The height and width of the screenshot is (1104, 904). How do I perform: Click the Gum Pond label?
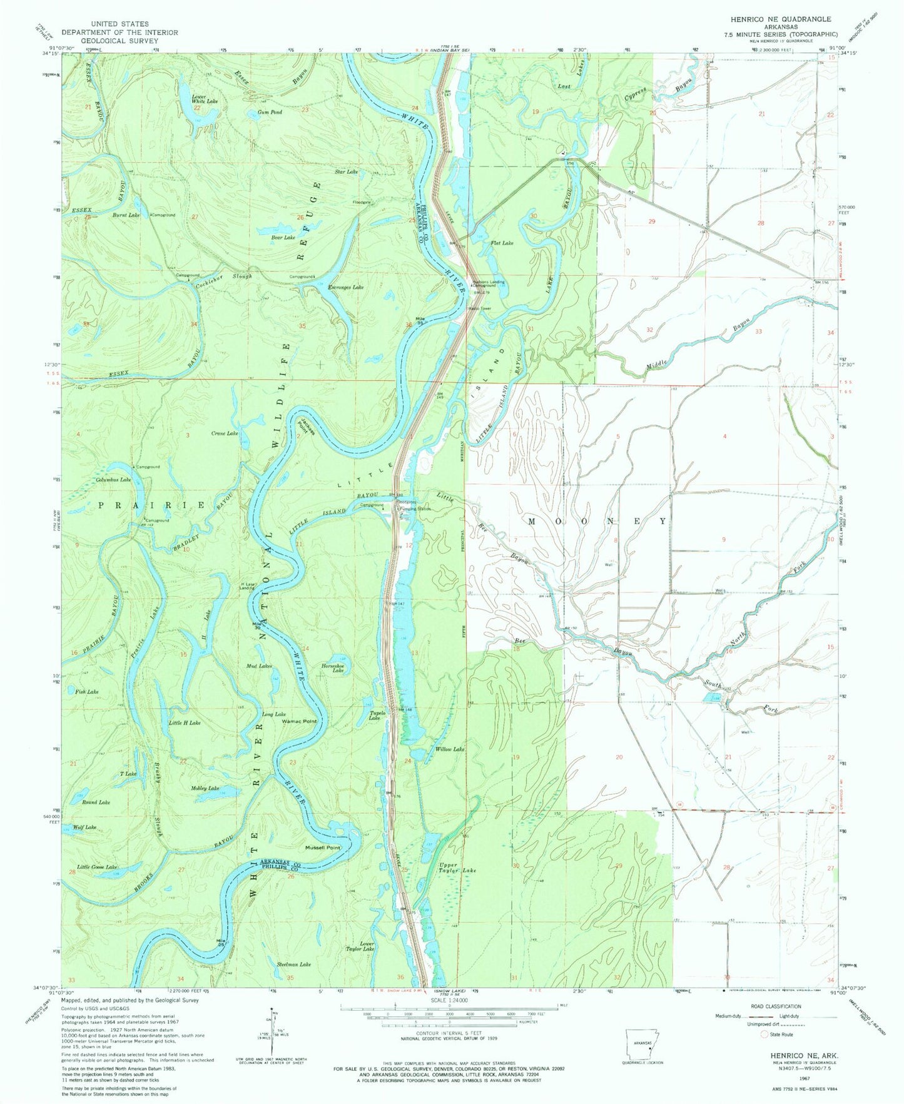point(270,112)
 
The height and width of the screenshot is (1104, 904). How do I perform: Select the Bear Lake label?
point(283,238)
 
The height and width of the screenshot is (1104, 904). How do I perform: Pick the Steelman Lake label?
point(293,965)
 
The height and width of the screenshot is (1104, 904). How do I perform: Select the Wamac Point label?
point(300,721)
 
